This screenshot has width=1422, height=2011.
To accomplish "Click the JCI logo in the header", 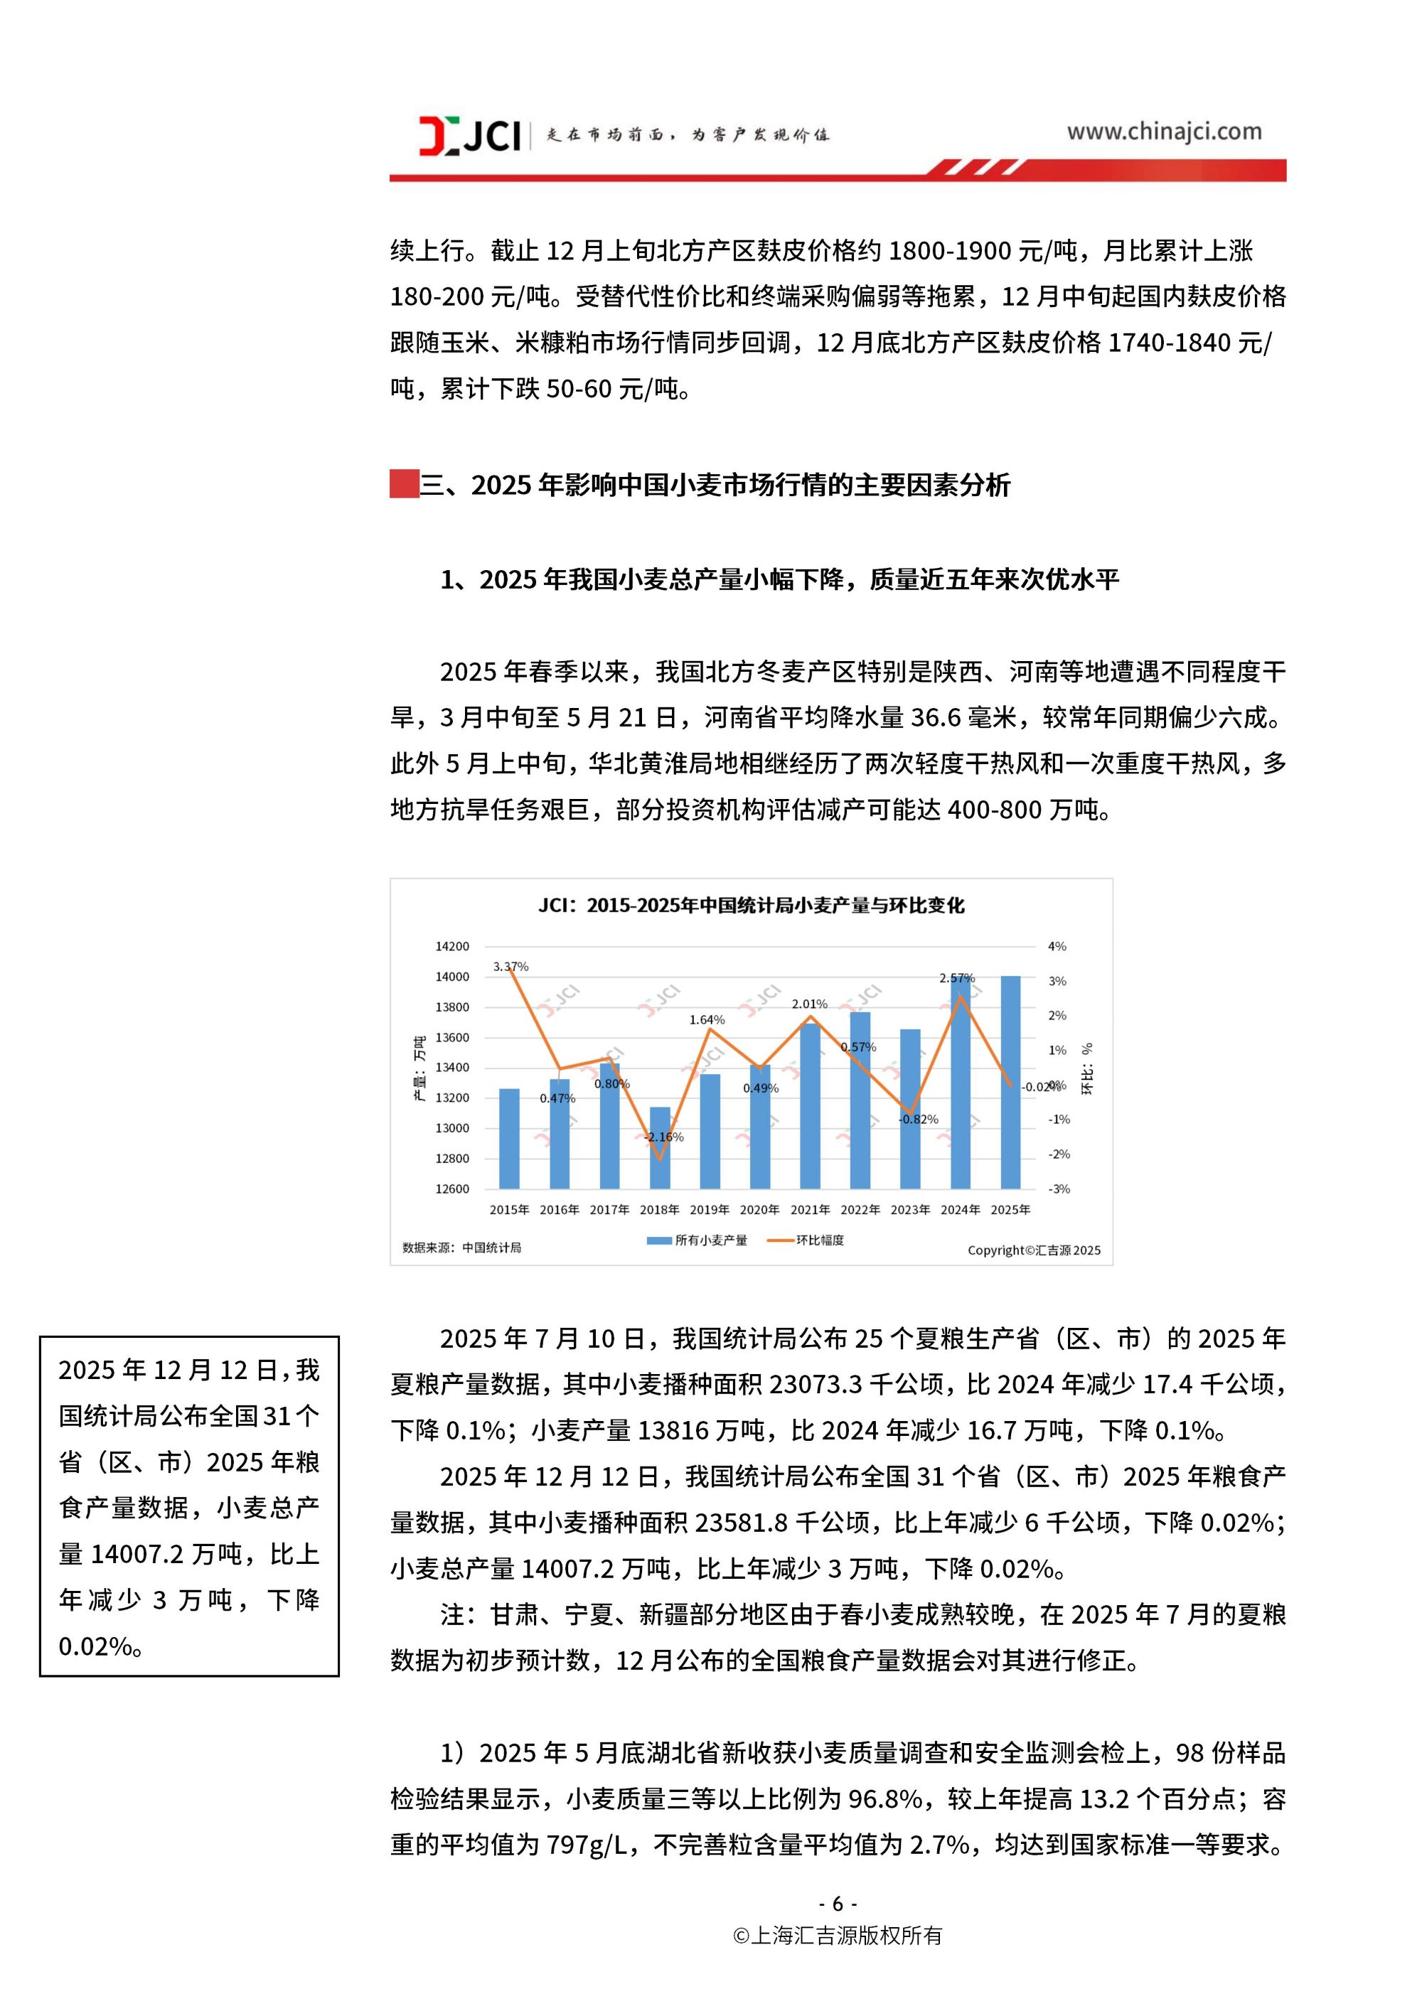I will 470,136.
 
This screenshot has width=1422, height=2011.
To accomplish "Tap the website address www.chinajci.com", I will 1163,132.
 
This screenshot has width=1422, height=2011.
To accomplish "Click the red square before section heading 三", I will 404,484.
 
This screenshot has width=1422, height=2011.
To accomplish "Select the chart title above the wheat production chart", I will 751,905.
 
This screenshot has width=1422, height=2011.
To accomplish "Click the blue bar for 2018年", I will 660,1148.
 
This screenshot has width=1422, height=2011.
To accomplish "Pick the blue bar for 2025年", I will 1010,1082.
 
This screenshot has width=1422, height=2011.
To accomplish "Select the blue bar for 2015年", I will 509,1139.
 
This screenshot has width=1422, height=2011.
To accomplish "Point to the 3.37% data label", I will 510,966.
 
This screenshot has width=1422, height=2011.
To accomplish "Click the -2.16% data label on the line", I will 664,1137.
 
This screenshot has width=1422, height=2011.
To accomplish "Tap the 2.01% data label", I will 810,1004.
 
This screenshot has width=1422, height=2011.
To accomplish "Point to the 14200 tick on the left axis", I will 452,946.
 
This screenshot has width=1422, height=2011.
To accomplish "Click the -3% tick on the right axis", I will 1059,1189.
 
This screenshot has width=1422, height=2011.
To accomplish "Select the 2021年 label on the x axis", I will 810,1210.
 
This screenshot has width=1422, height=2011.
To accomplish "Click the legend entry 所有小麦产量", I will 698,1240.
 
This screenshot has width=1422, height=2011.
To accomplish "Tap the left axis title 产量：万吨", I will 419,1068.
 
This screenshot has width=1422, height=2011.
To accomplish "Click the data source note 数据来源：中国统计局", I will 461,1248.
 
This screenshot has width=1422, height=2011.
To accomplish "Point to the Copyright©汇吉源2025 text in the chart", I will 1034,1250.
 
